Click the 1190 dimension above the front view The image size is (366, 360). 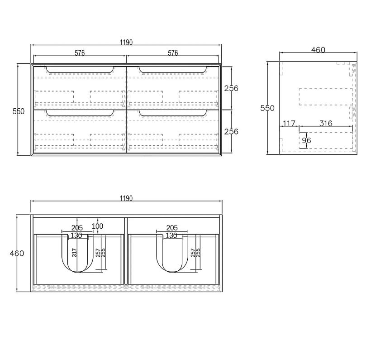[126, 43]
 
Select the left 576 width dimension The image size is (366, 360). [80, 53]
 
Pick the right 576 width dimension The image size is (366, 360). [173, 53]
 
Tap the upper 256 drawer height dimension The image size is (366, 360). [231, 88]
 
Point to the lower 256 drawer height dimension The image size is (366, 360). [231, 131]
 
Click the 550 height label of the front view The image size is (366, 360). [19, 111]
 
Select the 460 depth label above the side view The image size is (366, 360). [318, 50]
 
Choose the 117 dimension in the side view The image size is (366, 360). [289, 123]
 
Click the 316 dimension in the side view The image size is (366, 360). [326, 123]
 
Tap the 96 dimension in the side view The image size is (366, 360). [306, 141]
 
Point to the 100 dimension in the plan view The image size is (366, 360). [98, 226]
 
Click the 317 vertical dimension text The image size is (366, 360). [75, 252]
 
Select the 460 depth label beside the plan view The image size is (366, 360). [17, 253]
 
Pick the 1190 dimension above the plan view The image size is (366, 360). [126, 198]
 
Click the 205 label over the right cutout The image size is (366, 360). [172, 228]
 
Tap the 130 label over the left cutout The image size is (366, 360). [76, 235]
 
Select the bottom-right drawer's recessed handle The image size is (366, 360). [173, 113]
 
